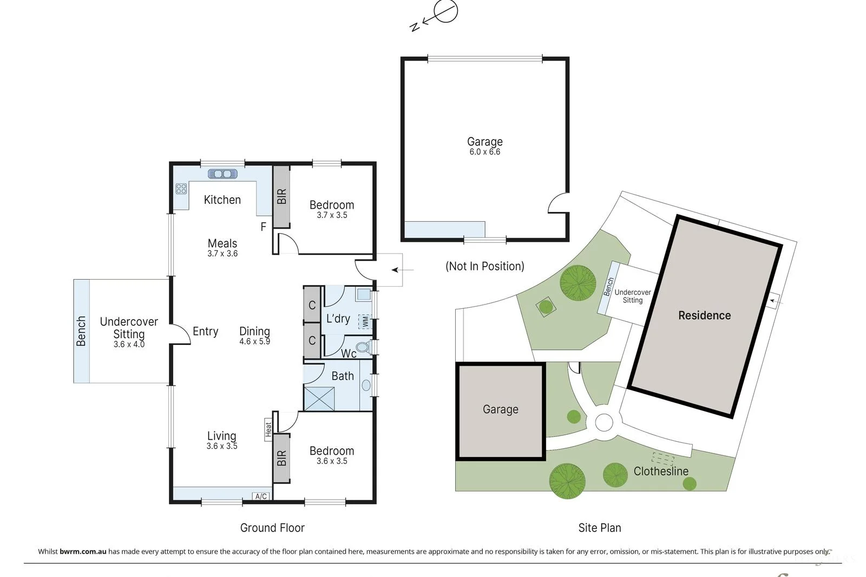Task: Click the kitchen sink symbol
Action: click(222, 174)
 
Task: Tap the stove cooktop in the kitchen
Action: click(181, 189)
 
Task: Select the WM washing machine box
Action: click(365, 322)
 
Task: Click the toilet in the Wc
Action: click(364, 347)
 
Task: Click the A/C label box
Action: click(261, 496)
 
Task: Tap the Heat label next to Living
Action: click(268, 430)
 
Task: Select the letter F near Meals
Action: click(264, 227)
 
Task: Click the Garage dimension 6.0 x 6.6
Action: click(484, 152)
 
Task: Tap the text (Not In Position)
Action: click(484, 266)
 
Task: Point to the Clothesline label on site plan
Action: click(661, 471)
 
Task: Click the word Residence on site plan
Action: click(704, 315)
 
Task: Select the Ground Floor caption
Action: click(272, 528)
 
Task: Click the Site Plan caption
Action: click(599, 528)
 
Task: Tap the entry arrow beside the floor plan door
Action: click(402, 270)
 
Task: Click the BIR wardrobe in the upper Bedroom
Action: click(281, 196)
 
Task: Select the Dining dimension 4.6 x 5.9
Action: click(254, 342)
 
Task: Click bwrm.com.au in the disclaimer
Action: click(83, 552)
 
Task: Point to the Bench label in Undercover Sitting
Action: click(81, 331)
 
